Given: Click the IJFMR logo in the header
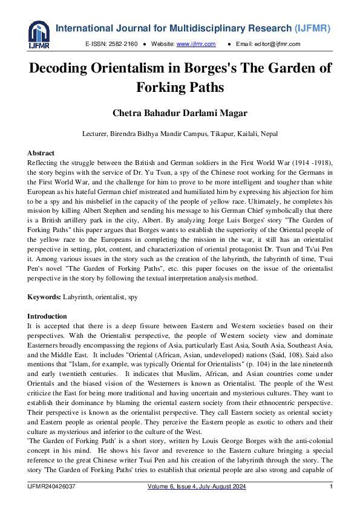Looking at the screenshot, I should (x=39, y=35).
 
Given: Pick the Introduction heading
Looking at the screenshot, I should (x=47, y=316).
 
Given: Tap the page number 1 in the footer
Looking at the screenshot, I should (x=331, y=487).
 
